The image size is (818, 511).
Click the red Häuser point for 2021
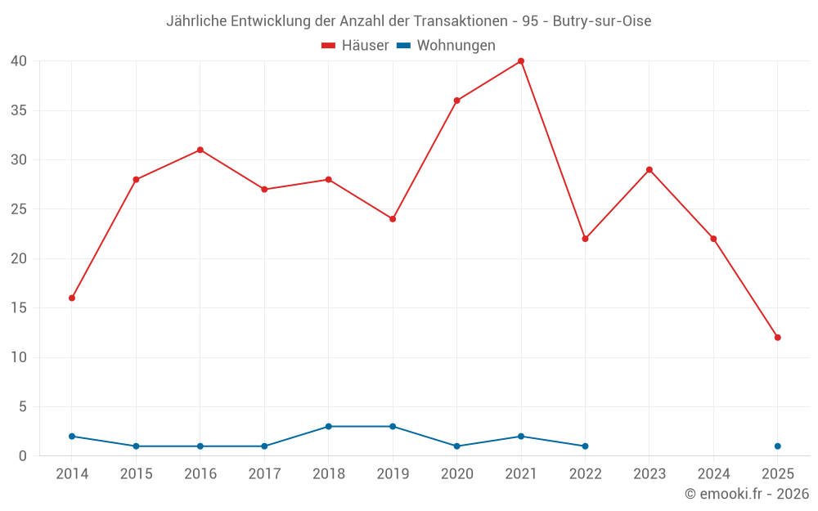[521, 61]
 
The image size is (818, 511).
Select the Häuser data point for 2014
[72, 298]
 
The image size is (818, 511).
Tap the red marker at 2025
[777, 338]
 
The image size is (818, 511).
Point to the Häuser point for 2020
[456, 101]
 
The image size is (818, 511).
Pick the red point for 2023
[649, 170]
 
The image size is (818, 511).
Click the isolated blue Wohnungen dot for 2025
[777, 446]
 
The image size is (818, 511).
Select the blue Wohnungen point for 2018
[329, 427]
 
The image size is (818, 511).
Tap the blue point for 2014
[72, 437]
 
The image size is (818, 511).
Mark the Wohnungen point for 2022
[585, 446]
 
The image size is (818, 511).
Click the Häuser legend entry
[355, 46]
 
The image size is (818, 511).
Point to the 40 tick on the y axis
[20, 61]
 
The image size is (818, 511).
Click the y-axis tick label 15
[20, 308]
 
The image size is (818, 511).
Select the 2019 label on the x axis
[393, 474]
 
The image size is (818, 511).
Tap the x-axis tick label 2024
[713, 474]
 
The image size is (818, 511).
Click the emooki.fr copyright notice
[747, 494]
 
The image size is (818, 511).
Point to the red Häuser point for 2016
[200, 150]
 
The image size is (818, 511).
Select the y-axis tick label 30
[20, 160]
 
